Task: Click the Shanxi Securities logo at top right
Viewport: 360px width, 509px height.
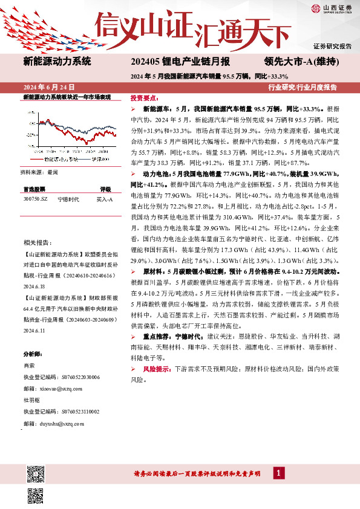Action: pyautogui.click(x=330, y=8)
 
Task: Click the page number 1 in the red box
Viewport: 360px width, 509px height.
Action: pyautogui.click(x=278, y=473)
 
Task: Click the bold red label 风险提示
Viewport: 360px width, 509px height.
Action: pyautogui.click(x=157, y=368)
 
